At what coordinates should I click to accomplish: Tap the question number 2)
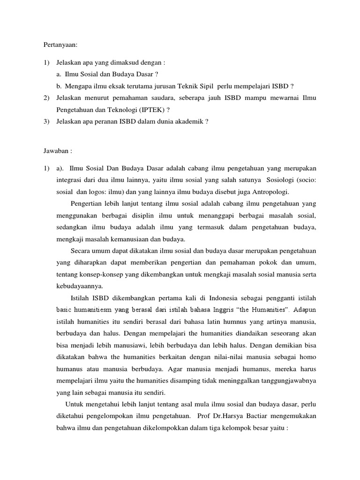click(45, 98)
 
